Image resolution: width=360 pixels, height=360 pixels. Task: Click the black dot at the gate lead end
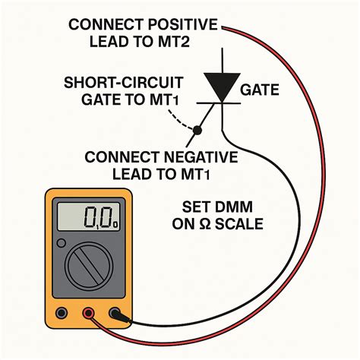pyautogui.click(x=196, y=131)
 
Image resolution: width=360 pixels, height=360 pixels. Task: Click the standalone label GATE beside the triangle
pyautogui.click(x=261, y=90)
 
